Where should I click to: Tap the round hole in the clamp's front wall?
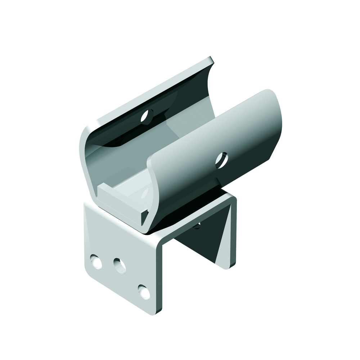coord(221,160)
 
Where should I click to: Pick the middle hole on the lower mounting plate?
coord(120,266)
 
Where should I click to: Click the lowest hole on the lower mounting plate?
coord(144,291)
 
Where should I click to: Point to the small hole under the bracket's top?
coord(197,226)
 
